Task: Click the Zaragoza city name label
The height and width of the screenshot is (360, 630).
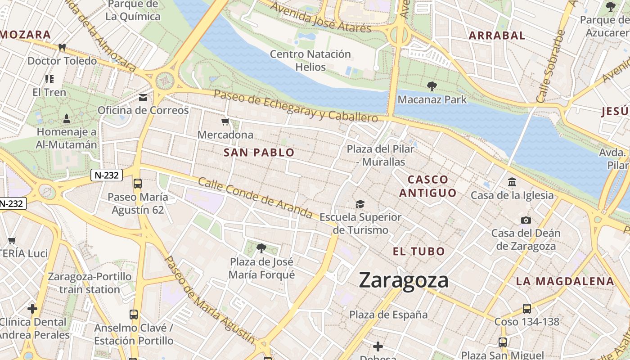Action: tap(404, 280)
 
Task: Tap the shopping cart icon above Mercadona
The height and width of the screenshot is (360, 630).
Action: tap(225, 121)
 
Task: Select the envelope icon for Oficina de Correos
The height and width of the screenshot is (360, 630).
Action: tap(143, 97)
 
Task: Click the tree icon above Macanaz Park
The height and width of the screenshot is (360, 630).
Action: tap(432, 86)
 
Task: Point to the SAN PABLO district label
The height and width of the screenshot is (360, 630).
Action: tap(259, 153)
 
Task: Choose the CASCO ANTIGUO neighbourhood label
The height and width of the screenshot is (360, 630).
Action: tap(427, 186)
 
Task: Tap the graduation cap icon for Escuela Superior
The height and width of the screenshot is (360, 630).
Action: tap(360, 204)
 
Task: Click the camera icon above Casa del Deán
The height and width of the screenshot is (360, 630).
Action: tap(526, 220)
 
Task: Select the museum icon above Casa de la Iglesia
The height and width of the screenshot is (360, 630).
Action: tap(512, 182)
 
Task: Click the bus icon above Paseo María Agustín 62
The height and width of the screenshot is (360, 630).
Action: tap(138, 184)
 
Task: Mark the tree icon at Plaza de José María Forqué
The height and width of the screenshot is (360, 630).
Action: tap(261, 248)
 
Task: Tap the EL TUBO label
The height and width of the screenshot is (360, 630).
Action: tap(419, 251)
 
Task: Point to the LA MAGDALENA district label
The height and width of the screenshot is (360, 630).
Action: tap(565, 282)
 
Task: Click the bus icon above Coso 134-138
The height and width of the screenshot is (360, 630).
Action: tap(527, 309)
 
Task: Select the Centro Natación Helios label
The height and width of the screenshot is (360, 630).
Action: tap(310, 60)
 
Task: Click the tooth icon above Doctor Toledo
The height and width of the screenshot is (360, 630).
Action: tap(62, 47)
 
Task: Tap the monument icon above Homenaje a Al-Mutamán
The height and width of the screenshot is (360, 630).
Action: tap(67, 119)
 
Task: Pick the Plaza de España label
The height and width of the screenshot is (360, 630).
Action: tap(388, 314)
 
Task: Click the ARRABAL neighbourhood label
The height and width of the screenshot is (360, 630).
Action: tap(497, 36)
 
